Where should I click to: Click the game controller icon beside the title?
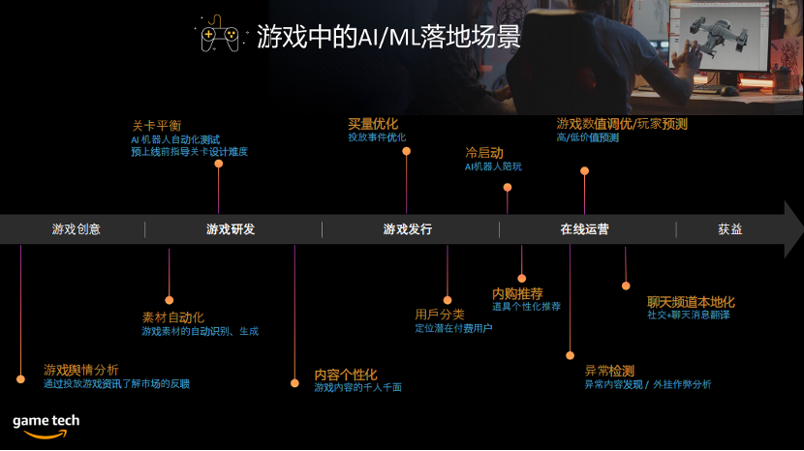[220, 34]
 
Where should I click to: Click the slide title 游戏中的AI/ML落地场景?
[388, 37]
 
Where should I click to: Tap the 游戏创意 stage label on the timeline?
[76, 229]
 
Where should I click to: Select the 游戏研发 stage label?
[231, 229]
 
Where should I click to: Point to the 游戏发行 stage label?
[408, 229]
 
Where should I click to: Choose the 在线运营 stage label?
[584, 229]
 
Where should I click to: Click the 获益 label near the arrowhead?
[730, 229]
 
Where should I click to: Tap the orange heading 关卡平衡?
[157, 126]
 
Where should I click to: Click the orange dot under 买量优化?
[407, 151]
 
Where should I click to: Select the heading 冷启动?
[484, 153]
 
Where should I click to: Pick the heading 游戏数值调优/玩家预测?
[622, 124]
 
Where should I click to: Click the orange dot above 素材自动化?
[170, 300]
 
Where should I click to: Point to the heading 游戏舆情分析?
[81, 370]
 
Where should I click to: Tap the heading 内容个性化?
[346, 375]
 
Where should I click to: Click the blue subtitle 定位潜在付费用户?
[453, 328]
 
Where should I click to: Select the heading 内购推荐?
[517, 293]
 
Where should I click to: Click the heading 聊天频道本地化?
[691, 302]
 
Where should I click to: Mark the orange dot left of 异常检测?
[571, 355]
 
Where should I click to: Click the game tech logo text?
[46, 421]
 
